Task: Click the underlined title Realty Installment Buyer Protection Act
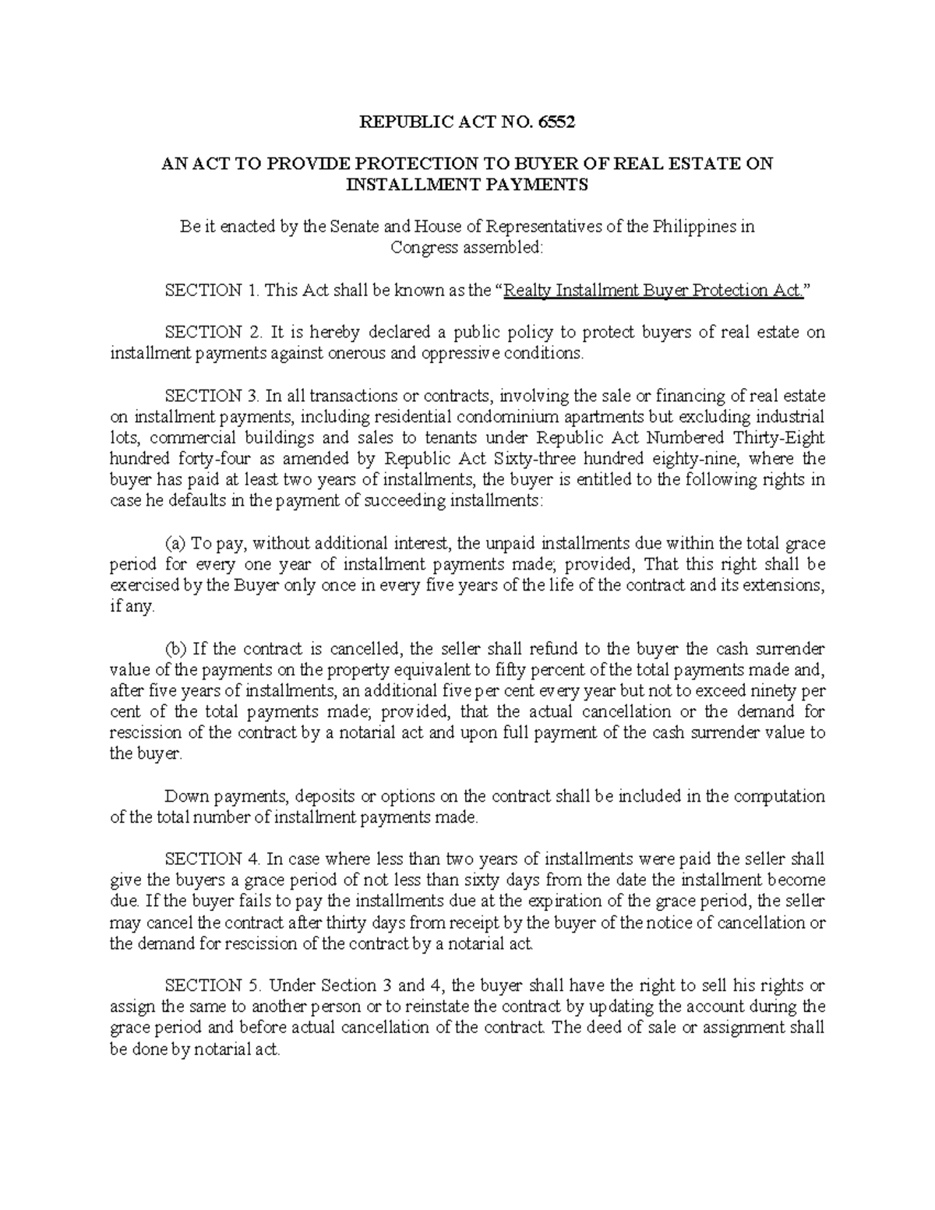(x=654, y=291)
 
